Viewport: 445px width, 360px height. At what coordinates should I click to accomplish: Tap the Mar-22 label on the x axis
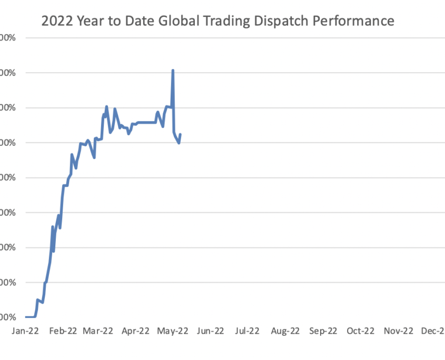[x=98, y=331]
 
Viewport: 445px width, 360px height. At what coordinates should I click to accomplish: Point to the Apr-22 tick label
[x=135, y=331]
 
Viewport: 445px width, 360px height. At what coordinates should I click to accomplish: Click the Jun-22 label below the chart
[x=210, y=331]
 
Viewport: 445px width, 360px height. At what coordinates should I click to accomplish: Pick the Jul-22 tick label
[x=248, y=331]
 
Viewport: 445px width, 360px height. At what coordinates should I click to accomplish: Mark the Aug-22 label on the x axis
[x=285, y=331]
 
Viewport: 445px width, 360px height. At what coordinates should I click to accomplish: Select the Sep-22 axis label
[x=322, y=331]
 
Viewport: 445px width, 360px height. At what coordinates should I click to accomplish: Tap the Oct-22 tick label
[x=360, y=331]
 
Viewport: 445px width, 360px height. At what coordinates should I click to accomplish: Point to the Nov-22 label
[x=398, y=331]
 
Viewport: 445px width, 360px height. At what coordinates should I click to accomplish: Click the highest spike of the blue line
[x=173, y=71]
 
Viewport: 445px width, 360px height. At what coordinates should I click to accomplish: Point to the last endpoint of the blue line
[x=181, y=134]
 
